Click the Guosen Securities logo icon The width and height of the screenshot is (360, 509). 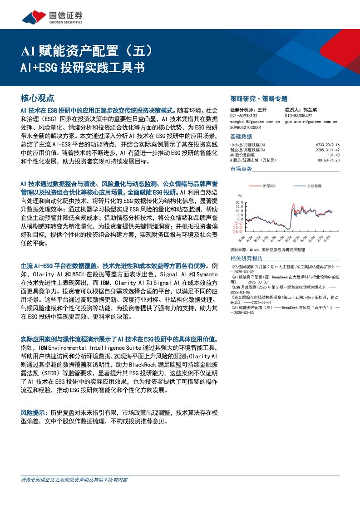click(x=35, y=17)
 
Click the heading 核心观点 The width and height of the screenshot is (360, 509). click(x=38, y=98)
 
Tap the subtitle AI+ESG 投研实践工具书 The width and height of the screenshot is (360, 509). click(x=83, y=68)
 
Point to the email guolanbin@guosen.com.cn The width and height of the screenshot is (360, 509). click(x=311, y=122)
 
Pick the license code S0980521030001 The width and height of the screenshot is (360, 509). click(x=247, y=127)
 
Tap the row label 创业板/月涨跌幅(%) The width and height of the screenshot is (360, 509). click(x=247, y=150)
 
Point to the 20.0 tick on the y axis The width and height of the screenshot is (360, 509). click(x=240, y=202)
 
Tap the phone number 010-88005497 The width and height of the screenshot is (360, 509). click(x=298, y=116)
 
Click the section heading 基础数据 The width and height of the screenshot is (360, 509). click(x=241, y=136)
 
